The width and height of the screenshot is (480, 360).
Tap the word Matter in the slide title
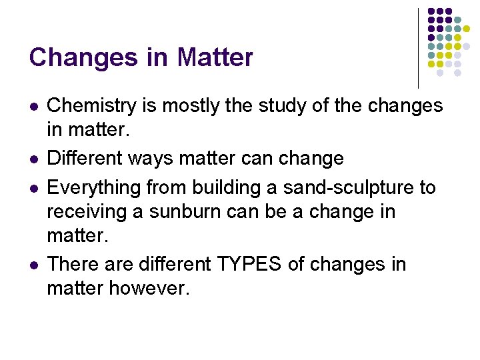[x=215, y=58]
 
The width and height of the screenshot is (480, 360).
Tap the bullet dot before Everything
[x=34, y=188]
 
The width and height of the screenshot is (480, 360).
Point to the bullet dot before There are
[x=34, y=265]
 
